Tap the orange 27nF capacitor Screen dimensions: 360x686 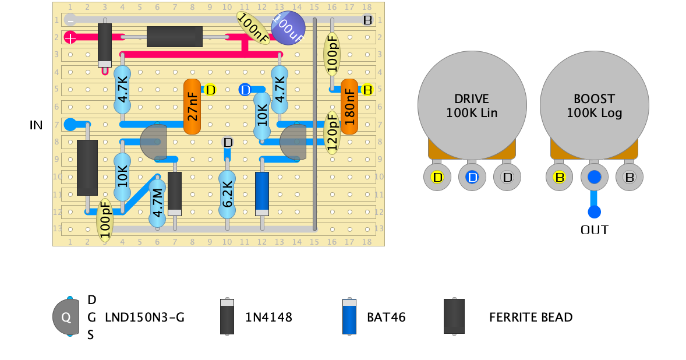192,107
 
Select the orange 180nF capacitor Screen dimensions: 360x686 349,107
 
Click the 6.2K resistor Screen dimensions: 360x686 227,195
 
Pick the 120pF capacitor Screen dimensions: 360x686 332,132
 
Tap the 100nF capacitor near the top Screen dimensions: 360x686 253,27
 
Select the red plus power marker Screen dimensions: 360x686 70,38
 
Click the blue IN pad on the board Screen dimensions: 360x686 70,124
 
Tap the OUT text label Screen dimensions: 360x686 594,230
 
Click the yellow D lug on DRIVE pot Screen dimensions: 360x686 437,177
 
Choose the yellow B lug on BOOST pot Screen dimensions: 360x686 559,177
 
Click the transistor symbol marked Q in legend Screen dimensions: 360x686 66,317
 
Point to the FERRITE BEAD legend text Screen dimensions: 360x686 531,317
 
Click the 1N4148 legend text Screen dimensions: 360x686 268,317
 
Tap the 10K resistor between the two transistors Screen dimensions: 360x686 262,117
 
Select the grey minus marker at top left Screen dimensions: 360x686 70,20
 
